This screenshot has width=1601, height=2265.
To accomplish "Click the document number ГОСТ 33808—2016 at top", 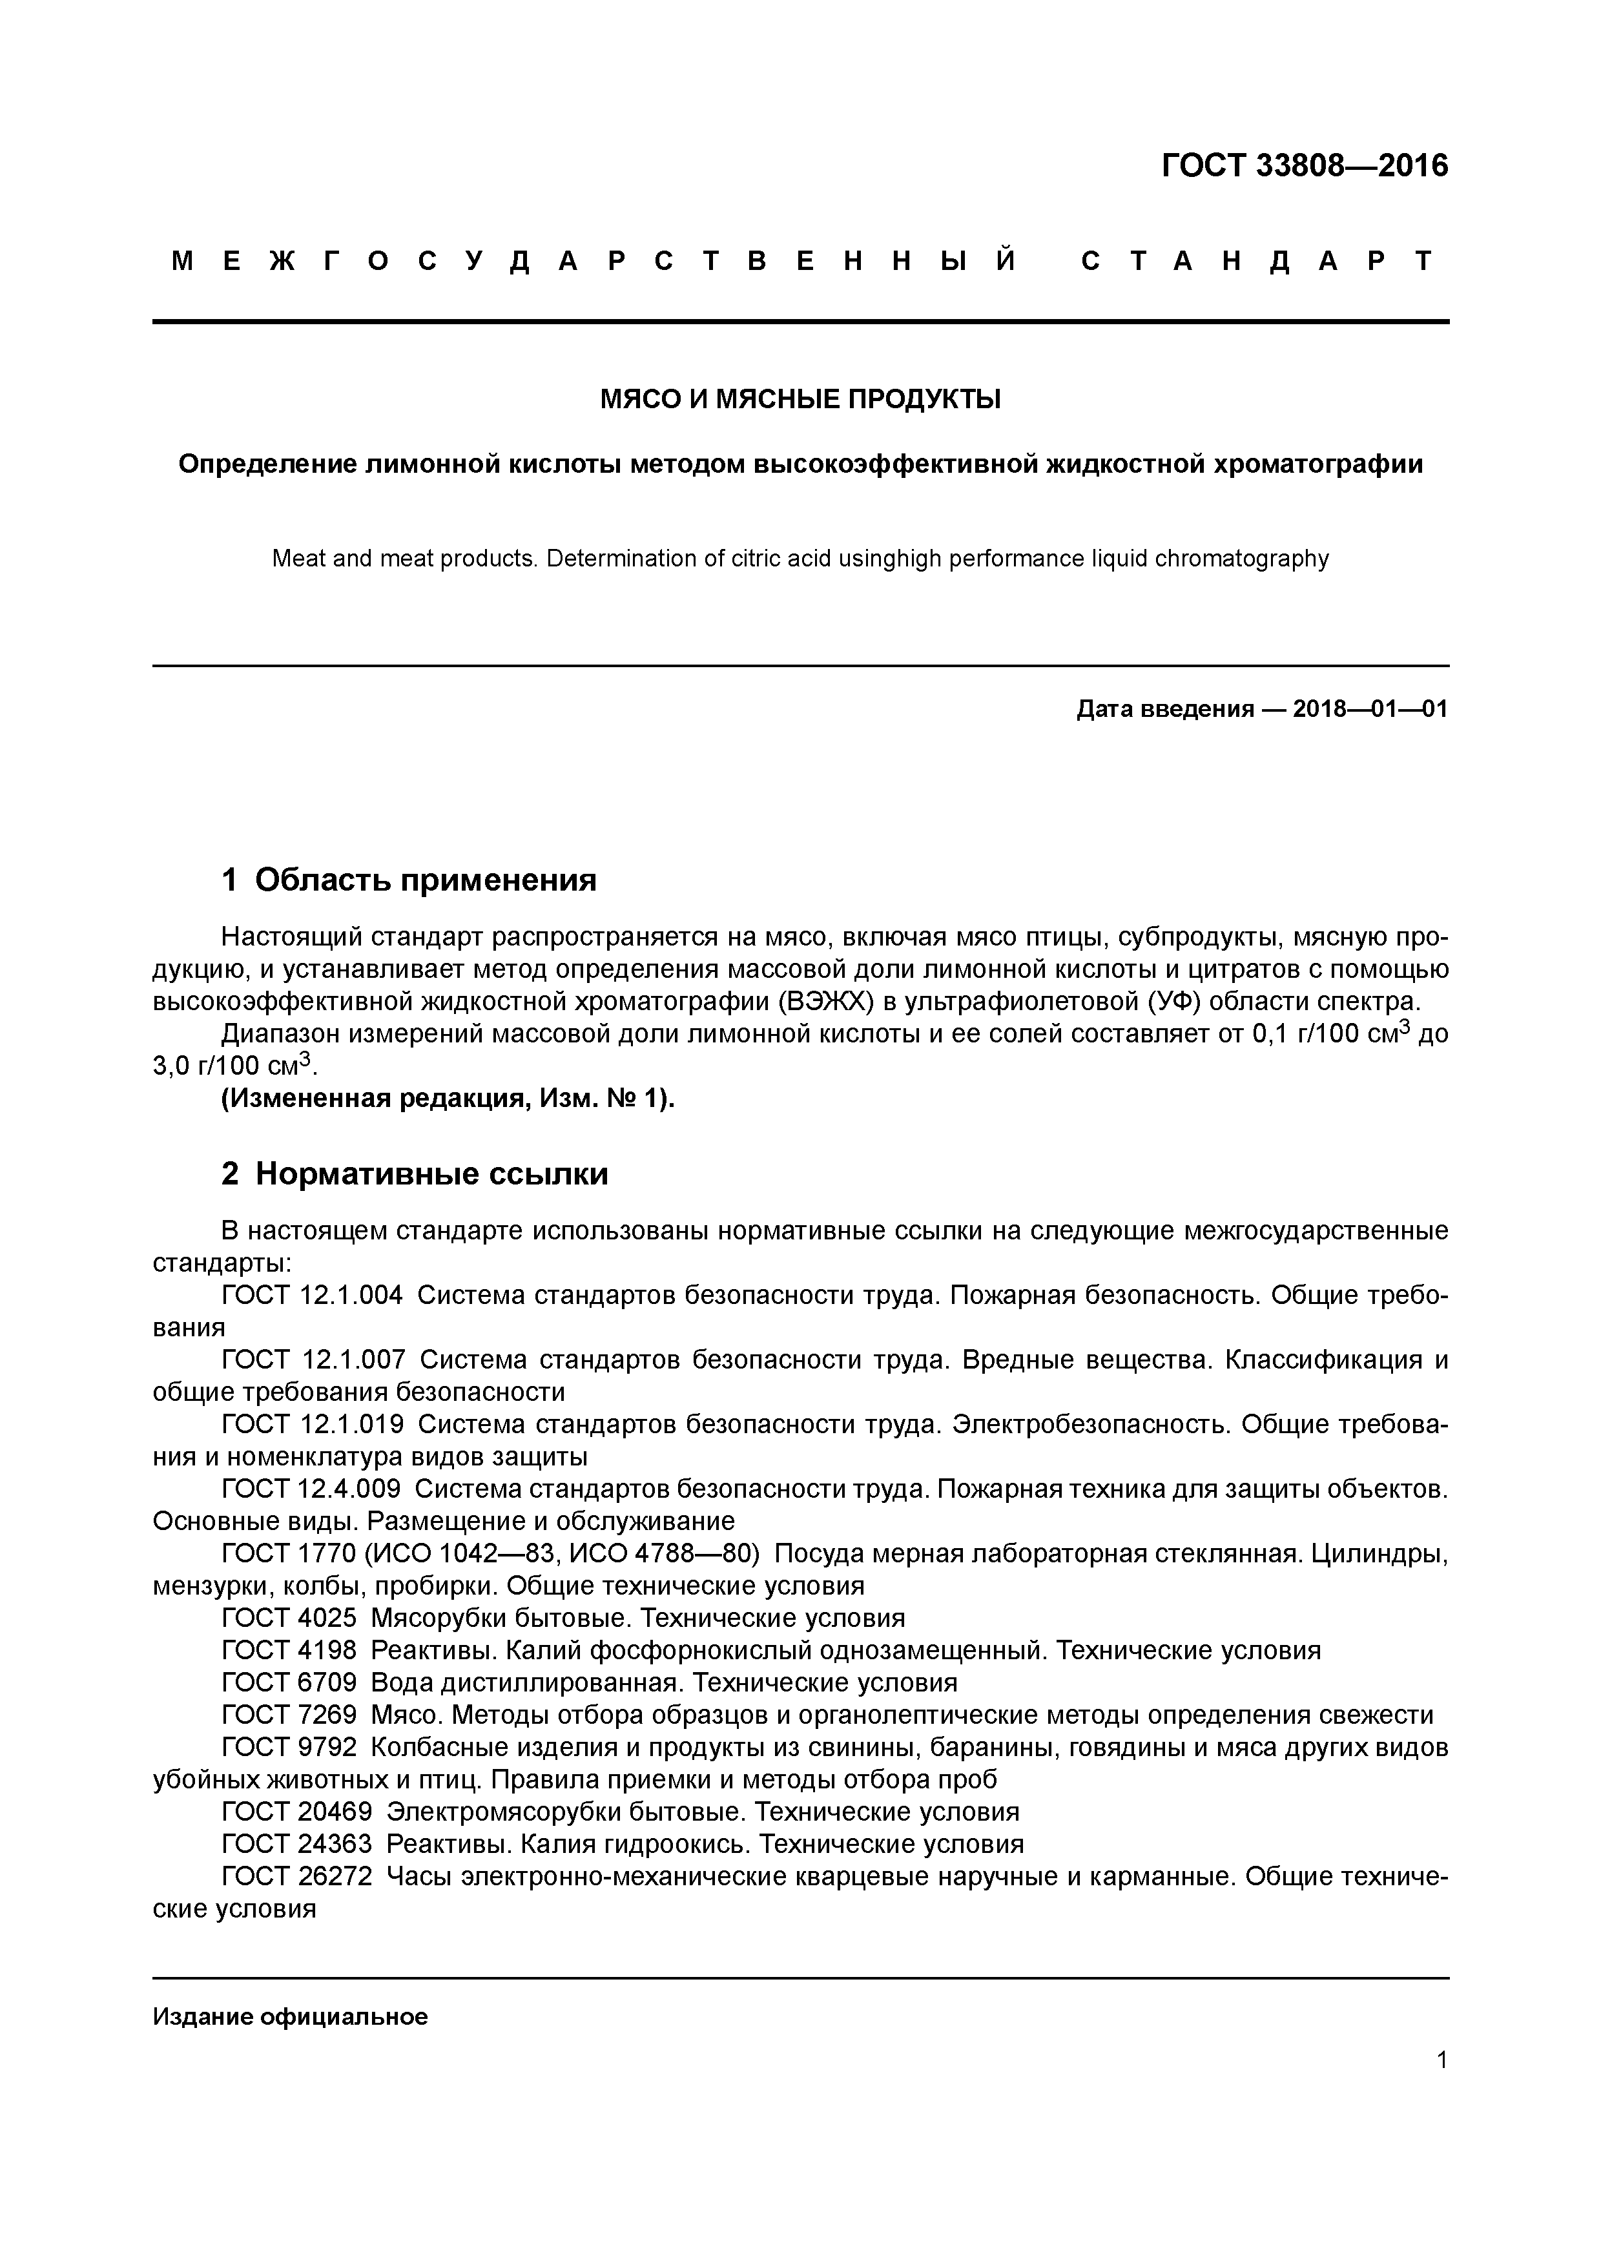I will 1304,166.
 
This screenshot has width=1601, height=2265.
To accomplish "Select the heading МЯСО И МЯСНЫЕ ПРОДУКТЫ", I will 800,400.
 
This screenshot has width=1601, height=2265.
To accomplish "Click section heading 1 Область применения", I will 409,879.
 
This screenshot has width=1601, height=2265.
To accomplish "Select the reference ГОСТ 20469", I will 297,1811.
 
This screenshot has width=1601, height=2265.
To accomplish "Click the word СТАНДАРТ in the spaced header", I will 1257,262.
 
